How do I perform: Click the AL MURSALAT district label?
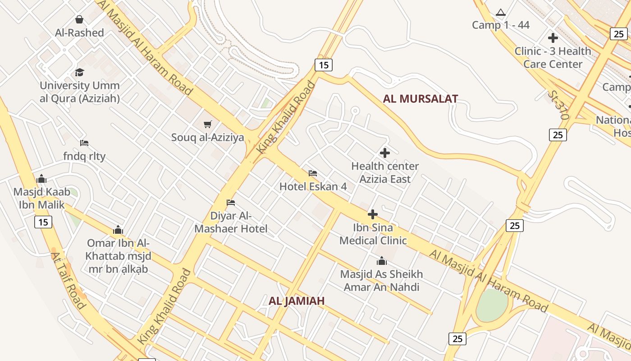pos(420,99)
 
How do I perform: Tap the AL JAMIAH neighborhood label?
pos(297,301)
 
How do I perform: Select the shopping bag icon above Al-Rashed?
pos(79,19)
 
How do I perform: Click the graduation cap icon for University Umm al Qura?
pos(80,72)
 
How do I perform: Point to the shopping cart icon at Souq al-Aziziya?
pos(208,124)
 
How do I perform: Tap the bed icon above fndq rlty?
pos(84,143)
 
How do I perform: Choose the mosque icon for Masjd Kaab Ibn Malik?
pos(41,179)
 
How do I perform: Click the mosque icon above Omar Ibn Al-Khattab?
pos(118,230)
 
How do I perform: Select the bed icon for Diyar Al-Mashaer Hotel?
pos(231,202)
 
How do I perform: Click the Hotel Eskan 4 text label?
pos(313,186)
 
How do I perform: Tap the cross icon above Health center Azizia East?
pos(385,153)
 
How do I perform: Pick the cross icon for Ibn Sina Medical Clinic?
pos(373,214)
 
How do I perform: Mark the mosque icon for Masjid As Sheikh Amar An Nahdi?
pos(382,261)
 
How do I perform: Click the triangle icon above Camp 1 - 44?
pos(500,12)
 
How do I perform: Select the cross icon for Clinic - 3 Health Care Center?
pos(553,38)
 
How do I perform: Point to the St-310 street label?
pos(558,105)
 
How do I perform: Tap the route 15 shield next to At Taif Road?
pos(43,222)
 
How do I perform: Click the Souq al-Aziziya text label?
pos(207,138)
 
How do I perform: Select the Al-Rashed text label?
pos(79,32)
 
